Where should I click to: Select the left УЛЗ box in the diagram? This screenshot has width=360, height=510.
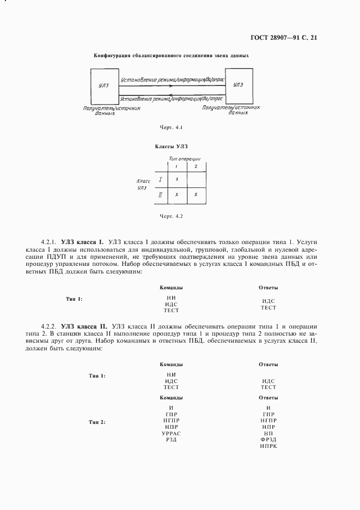tap(103, 86)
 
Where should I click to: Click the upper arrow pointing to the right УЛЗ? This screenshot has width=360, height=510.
tap(172, 86)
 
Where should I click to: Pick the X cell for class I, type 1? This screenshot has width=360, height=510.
tap(177, 179)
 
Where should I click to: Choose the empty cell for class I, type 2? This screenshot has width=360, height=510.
tap(196, 179)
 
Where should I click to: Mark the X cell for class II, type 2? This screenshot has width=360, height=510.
tap(196, 195)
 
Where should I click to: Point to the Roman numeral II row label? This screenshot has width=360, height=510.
tap(160, 195)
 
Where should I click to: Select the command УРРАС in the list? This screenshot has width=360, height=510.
tap(171, 433)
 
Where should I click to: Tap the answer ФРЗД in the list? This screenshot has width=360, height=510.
tap(269, 440)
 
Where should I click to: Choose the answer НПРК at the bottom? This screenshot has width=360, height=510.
tap(269, 446)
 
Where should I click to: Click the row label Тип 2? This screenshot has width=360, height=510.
tap(97, 423)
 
